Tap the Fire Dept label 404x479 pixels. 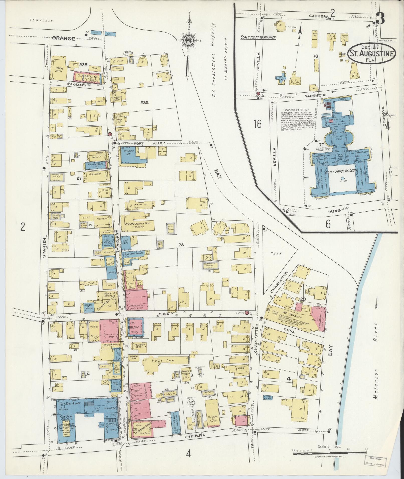[x=65, y=416]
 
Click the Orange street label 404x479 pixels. [x=64, y=38]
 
